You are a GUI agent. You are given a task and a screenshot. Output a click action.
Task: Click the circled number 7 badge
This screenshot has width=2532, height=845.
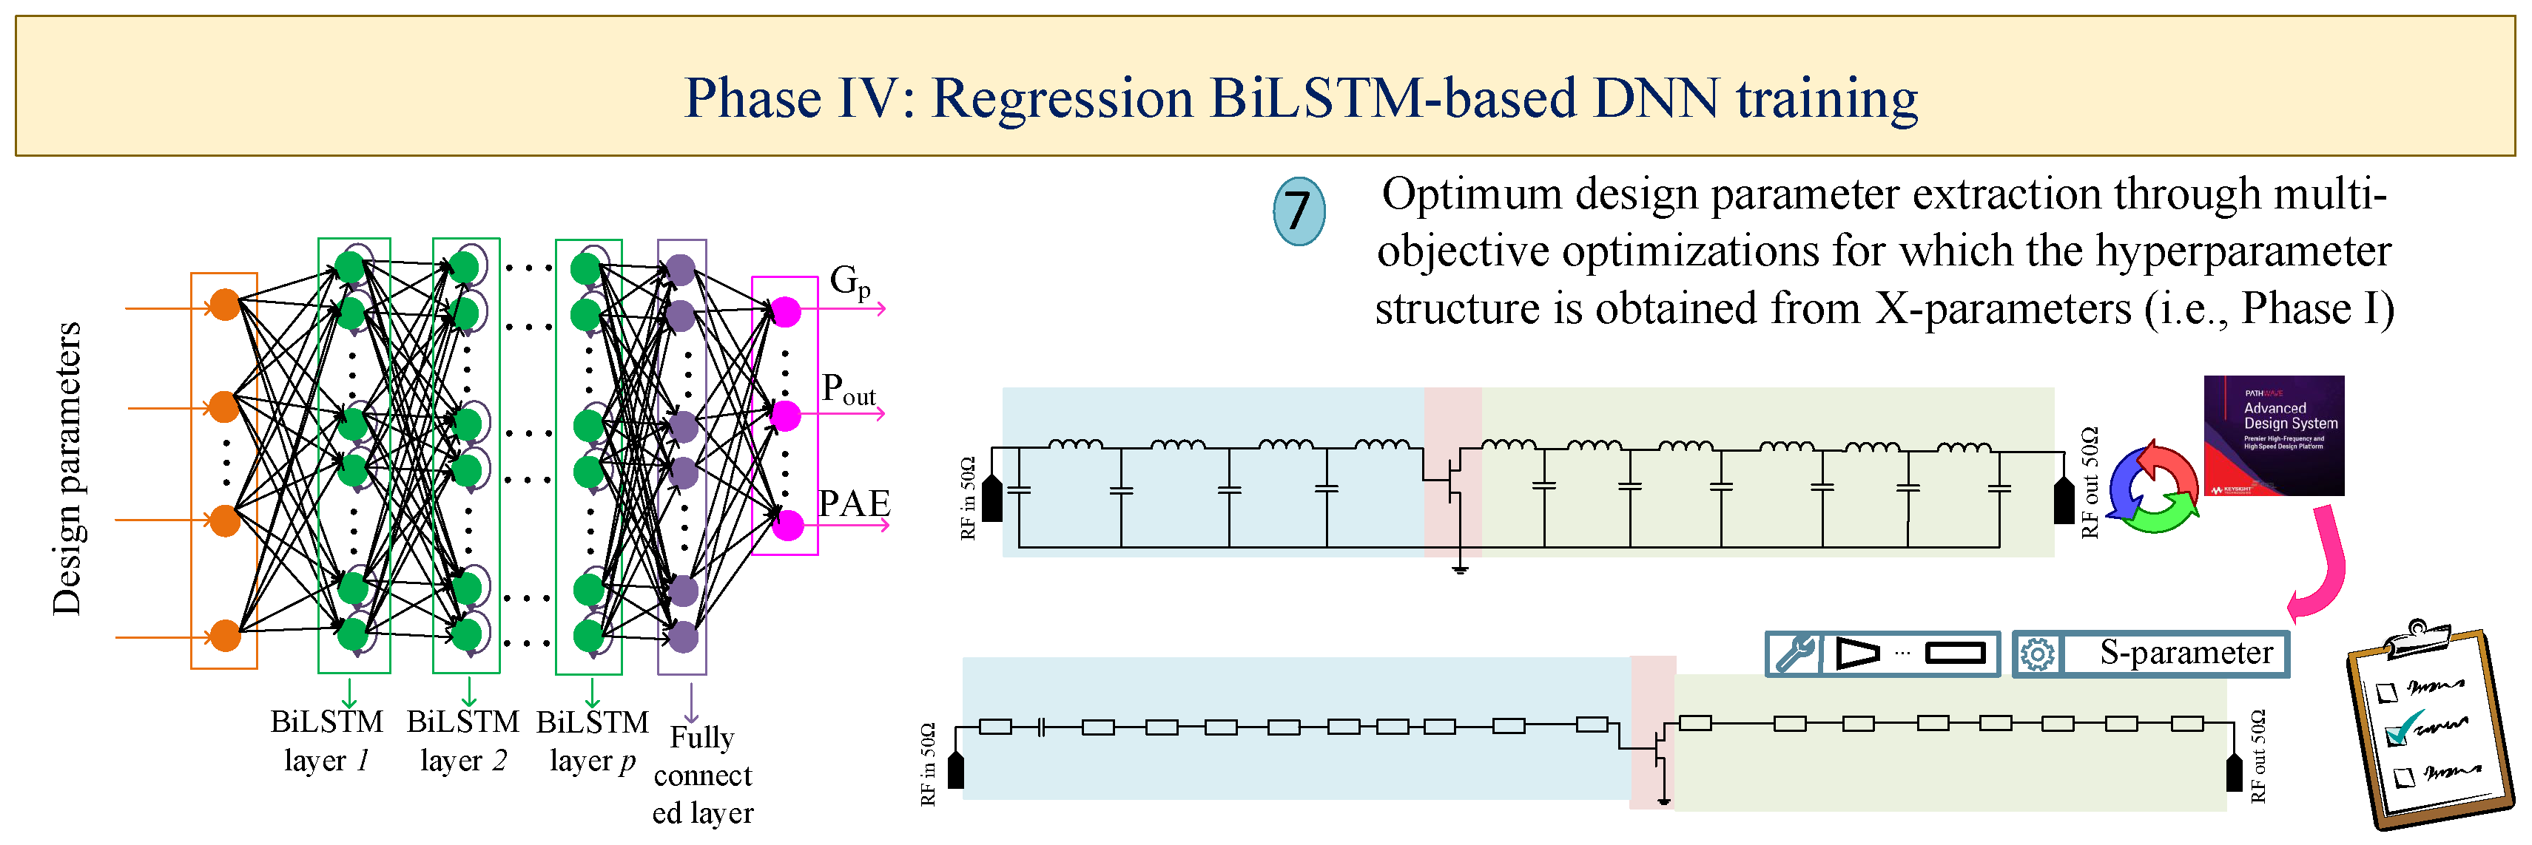pos(1298,210)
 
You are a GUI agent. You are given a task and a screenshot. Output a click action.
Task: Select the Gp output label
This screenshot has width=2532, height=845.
pos(850,282)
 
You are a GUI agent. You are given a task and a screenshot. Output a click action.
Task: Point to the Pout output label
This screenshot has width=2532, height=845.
pos(848,390)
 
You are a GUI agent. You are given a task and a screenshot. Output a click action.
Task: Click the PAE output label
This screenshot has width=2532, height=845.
pos(854,504)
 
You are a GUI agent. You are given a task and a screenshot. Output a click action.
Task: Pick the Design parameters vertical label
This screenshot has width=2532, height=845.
pos(67,469)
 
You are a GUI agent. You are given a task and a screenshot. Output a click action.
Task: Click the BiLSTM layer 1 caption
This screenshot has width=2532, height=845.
pos(326,741)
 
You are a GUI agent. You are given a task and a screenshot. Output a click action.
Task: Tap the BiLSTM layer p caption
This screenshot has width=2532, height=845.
pos(592,741)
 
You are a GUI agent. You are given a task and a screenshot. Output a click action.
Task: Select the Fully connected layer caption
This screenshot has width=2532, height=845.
pos(703,776)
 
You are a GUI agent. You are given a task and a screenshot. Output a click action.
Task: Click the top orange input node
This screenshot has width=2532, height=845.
pos(225,305)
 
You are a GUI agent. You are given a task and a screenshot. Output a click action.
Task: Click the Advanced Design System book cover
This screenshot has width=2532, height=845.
pos(2274,435)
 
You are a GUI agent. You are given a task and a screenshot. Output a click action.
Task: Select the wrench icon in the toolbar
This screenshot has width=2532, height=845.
pos(1795,654)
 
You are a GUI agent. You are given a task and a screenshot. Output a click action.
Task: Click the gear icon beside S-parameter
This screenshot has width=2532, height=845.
pos(2038,654)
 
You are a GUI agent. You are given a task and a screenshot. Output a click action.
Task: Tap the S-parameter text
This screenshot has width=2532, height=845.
pos(2186,654)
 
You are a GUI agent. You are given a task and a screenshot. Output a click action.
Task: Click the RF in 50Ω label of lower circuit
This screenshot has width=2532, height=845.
pos(928,764)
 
